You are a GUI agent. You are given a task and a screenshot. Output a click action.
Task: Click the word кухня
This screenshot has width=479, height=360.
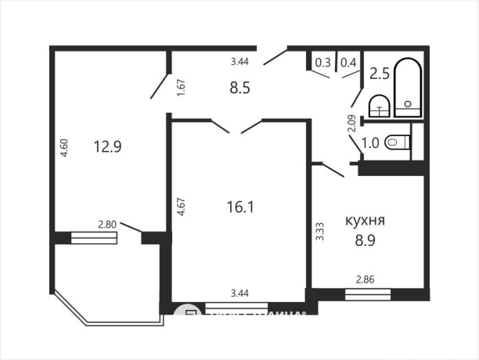click(x=366, y=221)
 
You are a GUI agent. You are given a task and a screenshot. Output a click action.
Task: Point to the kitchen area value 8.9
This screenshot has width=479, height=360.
click(x=366, y=242)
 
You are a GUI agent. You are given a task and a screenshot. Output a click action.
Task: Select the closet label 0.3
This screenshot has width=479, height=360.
click(x=322, y=63)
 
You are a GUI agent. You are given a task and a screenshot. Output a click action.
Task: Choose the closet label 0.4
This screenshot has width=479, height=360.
click(x=349, y=63)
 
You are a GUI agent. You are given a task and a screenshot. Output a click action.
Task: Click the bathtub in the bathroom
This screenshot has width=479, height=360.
click(x=408, y=88)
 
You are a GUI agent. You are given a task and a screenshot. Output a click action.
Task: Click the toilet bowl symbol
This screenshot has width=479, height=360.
click(x=399, y=142)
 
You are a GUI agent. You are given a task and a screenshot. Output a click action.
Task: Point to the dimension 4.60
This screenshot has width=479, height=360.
click(x=63, y=149)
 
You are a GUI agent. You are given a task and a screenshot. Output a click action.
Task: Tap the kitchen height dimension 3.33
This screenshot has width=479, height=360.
click(x=319, y=232)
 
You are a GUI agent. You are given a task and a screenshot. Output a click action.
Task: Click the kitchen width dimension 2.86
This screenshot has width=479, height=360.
click(x=366, y=279)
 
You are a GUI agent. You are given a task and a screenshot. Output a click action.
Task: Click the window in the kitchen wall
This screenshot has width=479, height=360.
click(x=367, y=294)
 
